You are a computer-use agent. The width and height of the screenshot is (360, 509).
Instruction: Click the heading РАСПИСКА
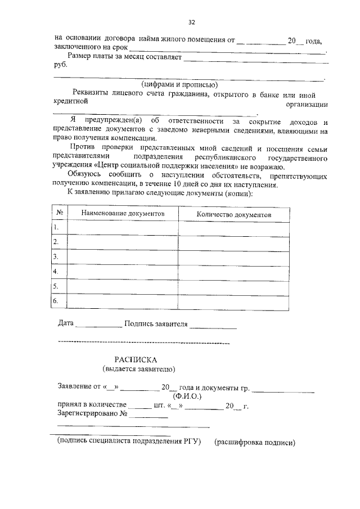(x=137, y=359)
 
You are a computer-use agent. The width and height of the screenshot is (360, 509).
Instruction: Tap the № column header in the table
(x=59, y=213)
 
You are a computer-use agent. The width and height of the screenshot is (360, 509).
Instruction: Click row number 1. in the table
(x=56, y=227)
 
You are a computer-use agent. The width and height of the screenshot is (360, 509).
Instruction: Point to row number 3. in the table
(x=56, y=256)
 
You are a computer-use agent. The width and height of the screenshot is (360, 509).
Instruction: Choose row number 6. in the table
(x=56, y=301)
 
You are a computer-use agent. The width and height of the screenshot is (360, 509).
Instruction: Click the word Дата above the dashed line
(x=66, y=324)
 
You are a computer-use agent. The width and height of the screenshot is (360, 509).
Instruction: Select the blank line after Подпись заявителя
(x=213, y=326)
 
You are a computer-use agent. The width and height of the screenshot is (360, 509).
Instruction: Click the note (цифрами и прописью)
(x=179, y=84)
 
